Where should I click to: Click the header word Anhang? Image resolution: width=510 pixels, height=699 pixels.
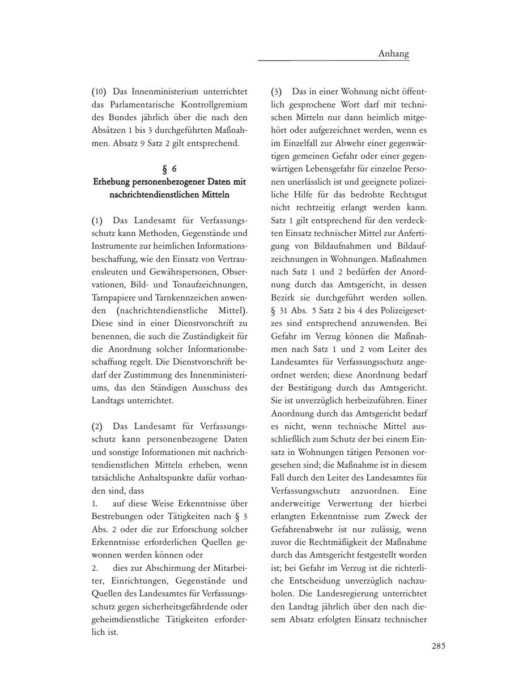(x=393, y=54)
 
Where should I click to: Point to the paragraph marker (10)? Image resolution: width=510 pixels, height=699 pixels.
(x=99, y=91)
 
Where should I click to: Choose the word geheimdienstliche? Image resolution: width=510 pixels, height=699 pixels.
(x=126, y=620)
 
